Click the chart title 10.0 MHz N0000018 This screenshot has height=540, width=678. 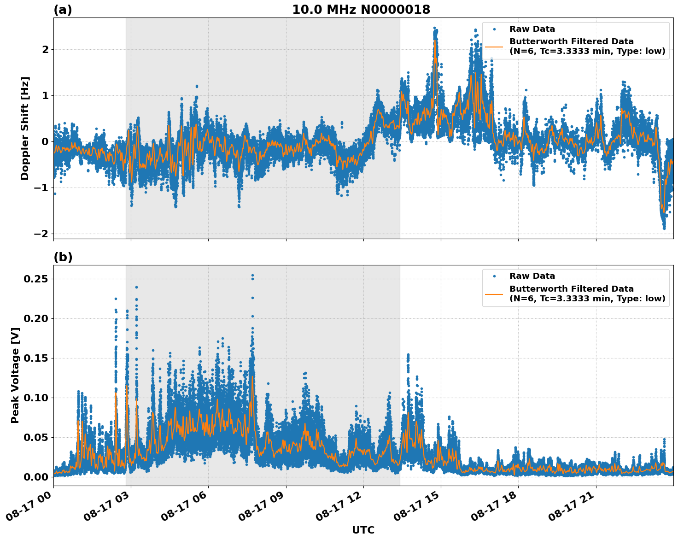(x=361, y=10)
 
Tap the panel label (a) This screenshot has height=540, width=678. (x=63, y=10)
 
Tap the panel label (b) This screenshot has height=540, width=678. (x=63, y=257)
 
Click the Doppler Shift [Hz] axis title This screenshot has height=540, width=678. (x=25, y=128)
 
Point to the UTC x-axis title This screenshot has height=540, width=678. (x=363, y=530)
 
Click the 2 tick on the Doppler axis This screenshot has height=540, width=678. (x=45, y=49)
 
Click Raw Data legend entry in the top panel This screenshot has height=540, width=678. (x=532, y=29)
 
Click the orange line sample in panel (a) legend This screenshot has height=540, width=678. (x=494, y=47)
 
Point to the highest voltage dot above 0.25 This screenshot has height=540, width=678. (x=252, y=276)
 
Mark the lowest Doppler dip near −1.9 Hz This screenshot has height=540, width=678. (x=664, y=228)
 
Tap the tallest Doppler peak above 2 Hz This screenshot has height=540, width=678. (x=434, y=28)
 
